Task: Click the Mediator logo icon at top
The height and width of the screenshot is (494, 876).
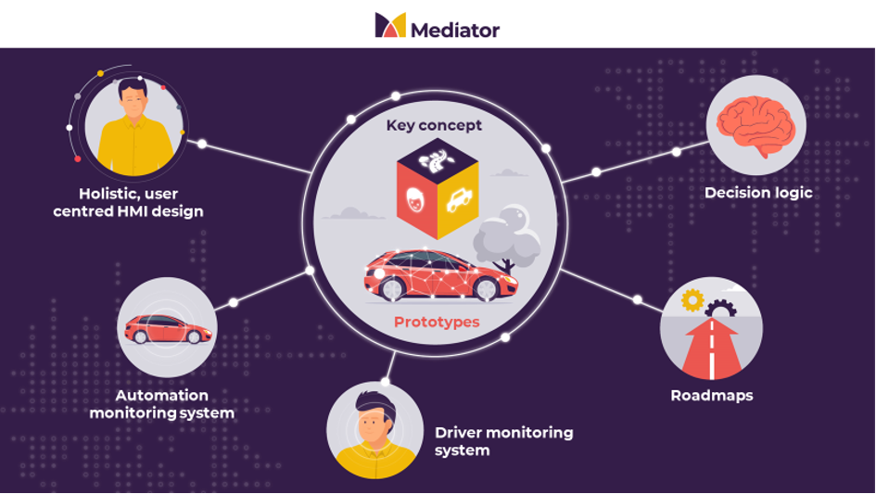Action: click(x=389, y=25)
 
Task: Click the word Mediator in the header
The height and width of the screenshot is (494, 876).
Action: click(x=454, y=30)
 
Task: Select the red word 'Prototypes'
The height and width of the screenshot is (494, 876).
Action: click(x=437, y=322)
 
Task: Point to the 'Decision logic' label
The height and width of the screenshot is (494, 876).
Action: click(x=758, y=193)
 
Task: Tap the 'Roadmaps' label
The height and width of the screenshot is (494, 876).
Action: click(x=712, y=396)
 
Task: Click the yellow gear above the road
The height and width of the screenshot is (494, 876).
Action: click(x=692, y=300)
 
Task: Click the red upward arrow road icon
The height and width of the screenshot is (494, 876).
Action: click(x=711, y=348)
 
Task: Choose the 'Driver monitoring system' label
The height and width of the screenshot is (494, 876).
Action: click(x=503, y=441)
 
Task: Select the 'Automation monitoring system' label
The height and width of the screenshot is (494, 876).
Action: click(x=162, y=404)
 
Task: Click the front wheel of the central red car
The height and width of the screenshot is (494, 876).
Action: click(x=484, y=288)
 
